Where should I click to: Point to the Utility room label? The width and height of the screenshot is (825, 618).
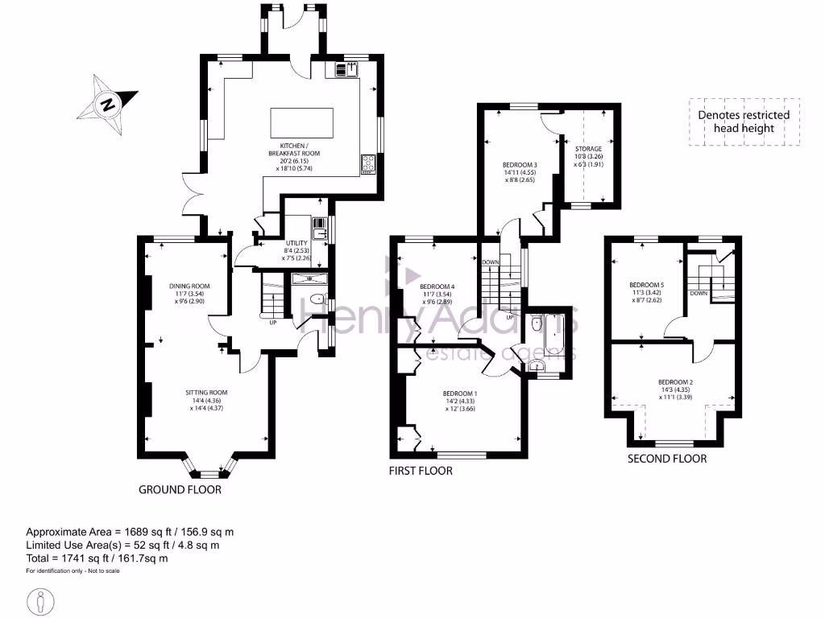(298, 249)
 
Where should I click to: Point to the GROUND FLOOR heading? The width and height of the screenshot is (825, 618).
(180, 489)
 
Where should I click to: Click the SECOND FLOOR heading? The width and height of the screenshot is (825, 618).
(667, 459)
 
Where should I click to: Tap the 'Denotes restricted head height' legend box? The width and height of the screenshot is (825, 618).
(744, 122)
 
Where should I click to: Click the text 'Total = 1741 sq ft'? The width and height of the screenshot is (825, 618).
(97, 558)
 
